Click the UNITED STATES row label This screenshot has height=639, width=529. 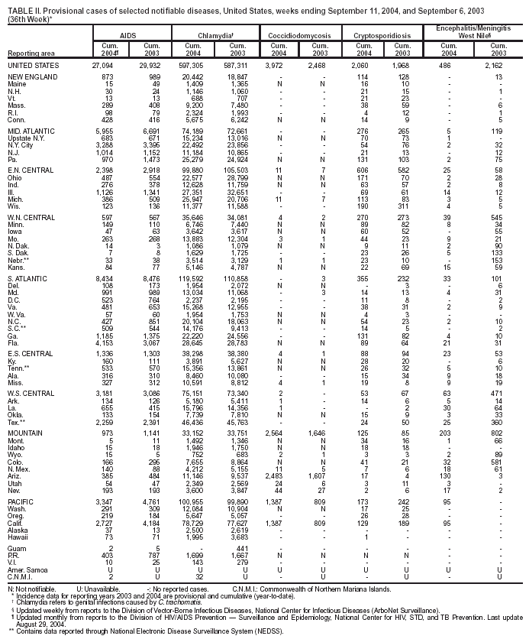coord(31,66)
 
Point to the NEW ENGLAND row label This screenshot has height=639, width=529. coord(29,78)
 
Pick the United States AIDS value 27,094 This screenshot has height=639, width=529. coord(102,66)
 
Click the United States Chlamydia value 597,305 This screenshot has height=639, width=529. coord(191,66)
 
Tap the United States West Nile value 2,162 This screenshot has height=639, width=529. coord(492,66)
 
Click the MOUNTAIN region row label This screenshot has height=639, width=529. coord(24,434)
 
